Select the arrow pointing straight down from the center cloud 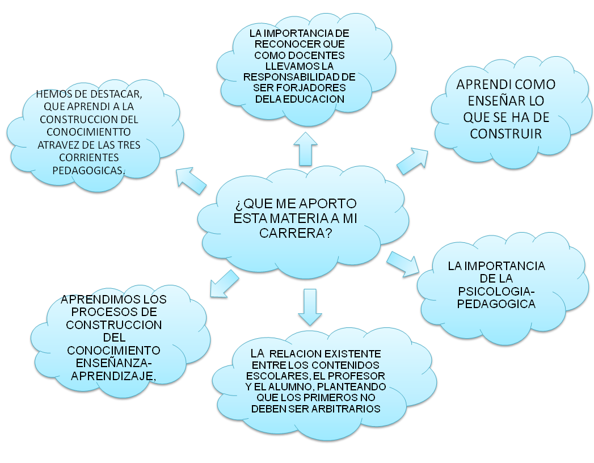[x=309, y=306]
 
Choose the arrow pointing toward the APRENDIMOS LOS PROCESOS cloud [x=223, y=283]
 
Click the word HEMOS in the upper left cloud [x=51, y=94]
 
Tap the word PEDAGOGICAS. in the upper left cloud [x=95, y=170]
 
